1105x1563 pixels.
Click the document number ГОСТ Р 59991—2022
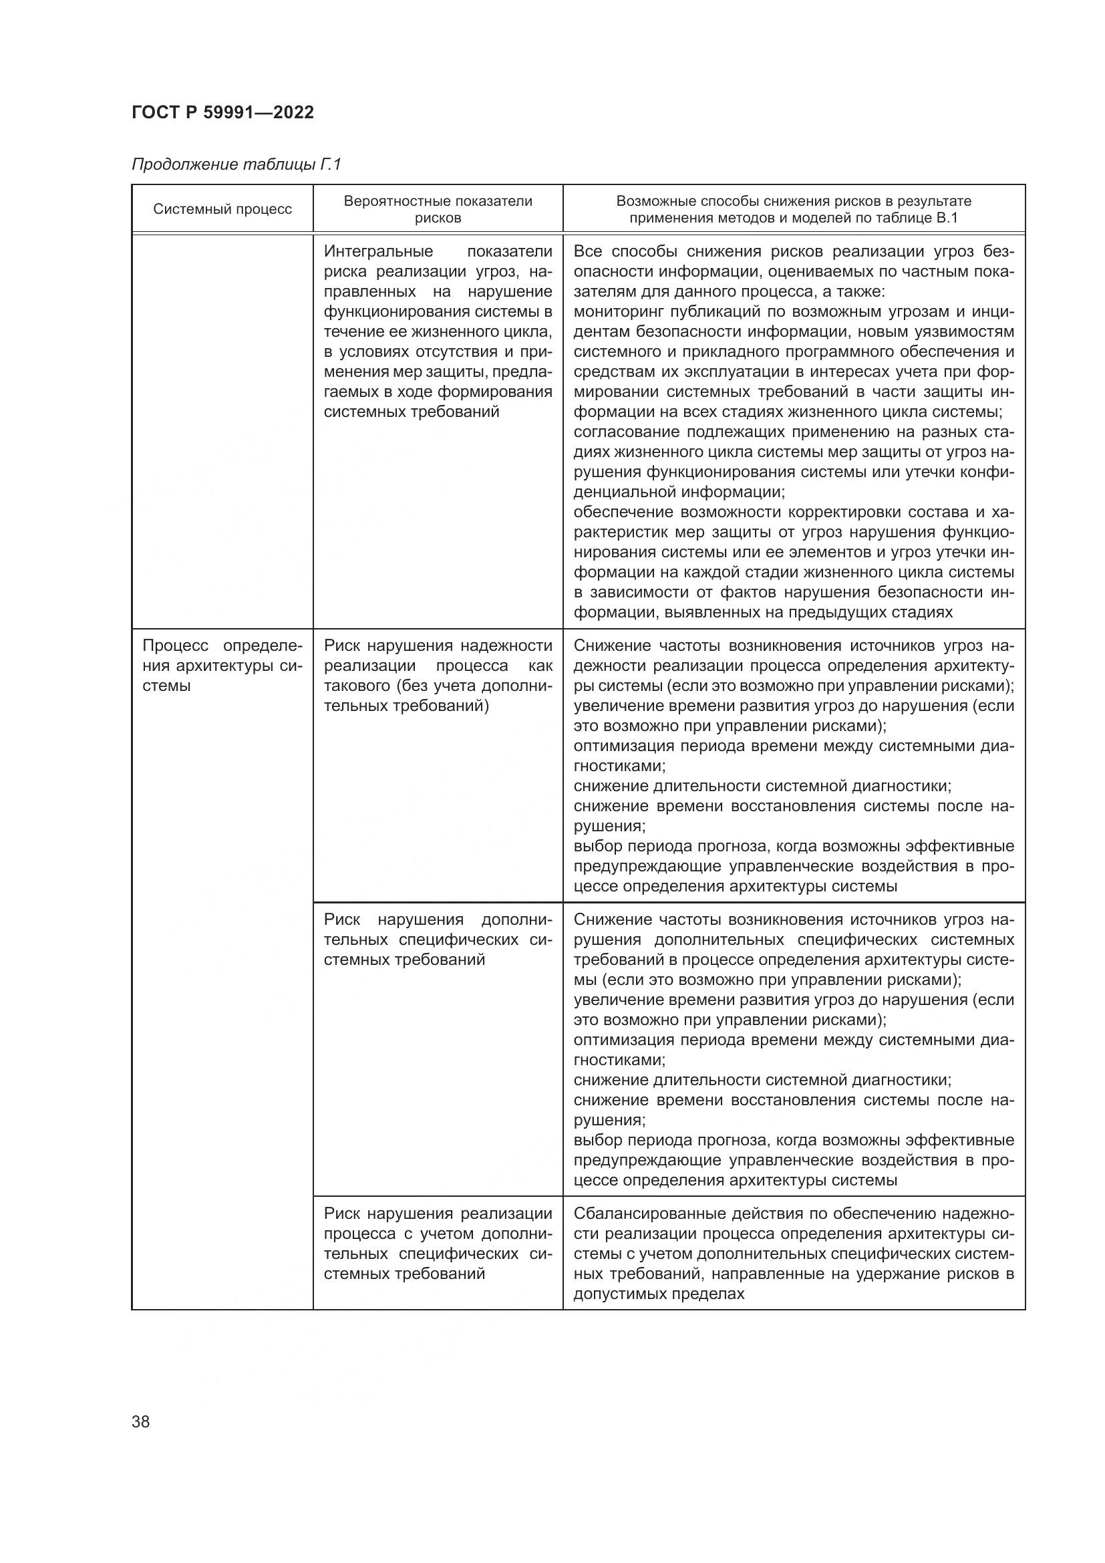click(222, 112)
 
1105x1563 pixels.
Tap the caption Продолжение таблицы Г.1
click(235, 165)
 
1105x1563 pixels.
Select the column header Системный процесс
click(222, 209)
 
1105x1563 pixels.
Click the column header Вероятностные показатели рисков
click(438, 209)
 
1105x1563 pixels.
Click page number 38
click(141, 1421)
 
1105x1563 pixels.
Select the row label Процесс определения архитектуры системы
click(222, 665)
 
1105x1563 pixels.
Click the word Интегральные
click(378, 252)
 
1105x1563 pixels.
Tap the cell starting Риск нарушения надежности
click(438, 676)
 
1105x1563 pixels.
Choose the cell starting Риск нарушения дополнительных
click(438, 940)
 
